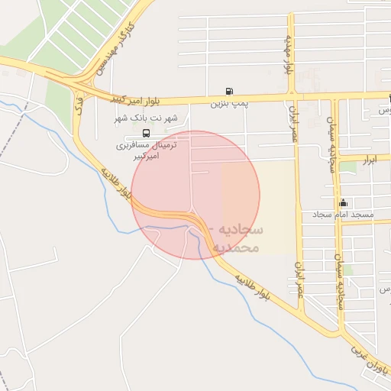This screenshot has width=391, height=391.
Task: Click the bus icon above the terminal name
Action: [146, 131]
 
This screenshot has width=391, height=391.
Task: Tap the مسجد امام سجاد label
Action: [343, 215]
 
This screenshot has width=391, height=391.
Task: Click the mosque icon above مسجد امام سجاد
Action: [344, 203]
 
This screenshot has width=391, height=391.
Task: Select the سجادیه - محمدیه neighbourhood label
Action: [239, 238]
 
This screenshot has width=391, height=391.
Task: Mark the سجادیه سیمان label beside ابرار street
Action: [331, 145]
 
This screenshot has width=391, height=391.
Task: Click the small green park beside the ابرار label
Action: [348, 165]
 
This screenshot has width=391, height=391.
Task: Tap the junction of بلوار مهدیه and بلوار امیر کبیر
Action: [290, 97]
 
